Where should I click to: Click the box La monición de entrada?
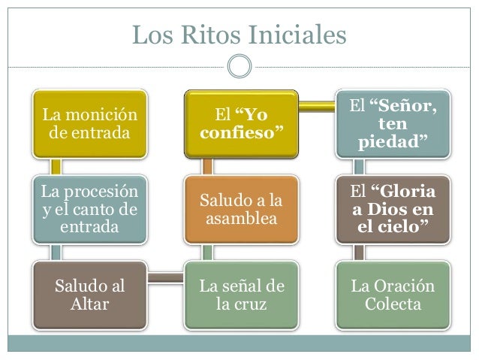pos(90,125)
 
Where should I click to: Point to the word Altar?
pos(90,305)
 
